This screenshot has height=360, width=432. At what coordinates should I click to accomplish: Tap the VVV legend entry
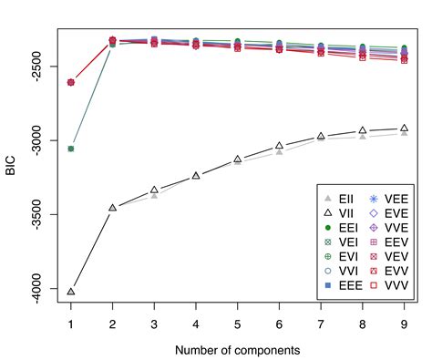pyautogui.click(x=390, y=285)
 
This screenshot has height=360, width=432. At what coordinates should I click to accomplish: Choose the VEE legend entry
pyautogui.click(x=390, y=198)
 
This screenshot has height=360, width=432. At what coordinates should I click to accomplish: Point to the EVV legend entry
pyautogui.click(x=390, y=271)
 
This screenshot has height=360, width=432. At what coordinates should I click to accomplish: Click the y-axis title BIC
pyautogui.click(x=11, y=166)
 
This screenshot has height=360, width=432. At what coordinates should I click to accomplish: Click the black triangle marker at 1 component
pyautogui.click(x=70, y=292)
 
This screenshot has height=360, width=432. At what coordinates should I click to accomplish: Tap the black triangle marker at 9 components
pyautogui.click(x=404, y=129)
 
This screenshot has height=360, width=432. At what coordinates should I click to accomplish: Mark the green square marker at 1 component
pyautogui.click(x=70, y=149)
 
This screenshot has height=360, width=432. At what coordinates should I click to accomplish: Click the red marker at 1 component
pyautogui.click(x=70, y=82)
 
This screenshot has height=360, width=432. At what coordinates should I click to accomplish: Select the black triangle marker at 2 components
pyautogui.click(x=112, y=208)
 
